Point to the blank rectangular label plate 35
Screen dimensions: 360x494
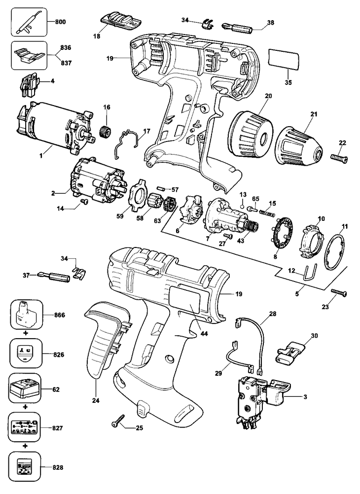click(x=283, y=59)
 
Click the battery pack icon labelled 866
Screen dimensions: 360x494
click(x=27, y=315)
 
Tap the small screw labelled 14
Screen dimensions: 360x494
click(x=84, y=201)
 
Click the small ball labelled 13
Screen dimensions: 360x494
click(x=243, y=207)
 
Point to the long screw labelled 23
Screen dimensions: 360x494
click(x=339, y=292)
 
